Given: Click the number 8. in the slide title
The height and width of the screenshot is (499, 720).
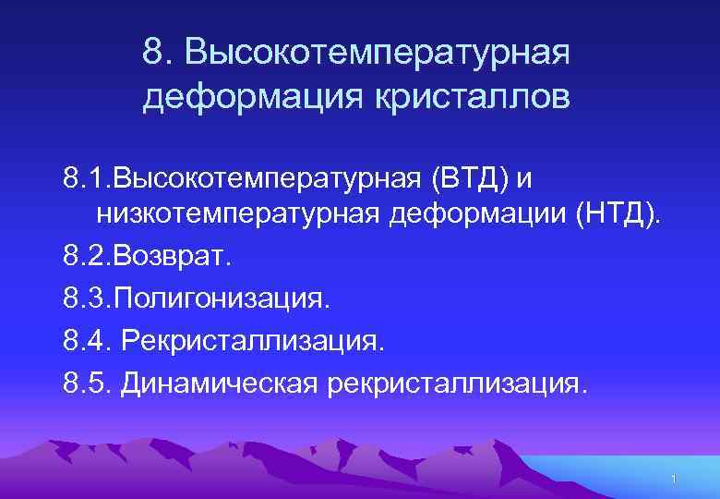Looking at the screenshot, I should (158, 53).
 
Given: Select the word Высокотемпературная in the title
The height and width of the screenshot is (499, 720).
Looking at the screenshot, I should (378, 53).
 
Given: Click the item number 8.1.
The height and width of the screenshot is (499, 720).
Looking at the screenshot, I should (82, 176).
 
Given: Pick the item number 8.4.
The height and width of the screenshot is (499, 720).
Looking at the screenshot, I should (85, 341).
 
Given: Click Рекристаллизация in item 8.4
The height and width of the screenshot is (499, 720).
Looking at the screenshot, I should (250, 341).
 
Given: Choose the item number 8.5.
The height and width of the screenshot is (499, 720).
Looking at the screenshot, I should (85, 383).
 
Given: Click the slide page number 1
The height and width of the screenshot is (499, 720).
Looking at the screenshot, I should (675, 478).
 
